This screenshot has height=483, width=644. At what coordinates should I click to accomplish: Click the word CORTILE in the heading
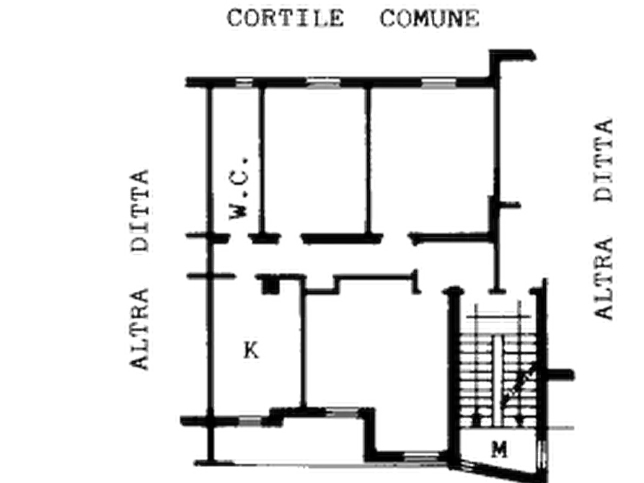coord(286,19)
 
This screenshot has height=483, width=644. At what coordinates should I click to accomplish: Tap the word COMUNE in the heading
coord(430,19)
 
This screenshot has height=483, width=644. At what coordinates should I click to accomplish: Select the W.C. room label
coord(239,187)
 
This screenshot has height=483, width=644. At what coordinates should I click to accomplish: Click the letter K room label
coord(251,350)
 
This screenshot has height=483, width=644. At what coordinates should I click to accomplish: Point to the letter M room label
coord(500,449)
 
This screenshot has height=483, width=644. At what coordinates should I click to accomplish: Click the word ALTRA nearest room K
coord(139,329)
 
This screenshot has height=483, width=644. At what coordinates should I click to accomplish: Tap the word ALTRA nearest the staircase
coord(604,278)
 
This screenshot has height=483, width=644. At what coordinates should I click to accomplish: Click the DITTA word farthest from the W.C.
coord(604,160)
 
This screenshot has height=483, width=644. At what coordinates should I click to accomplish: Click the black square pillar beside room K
coord(270,286)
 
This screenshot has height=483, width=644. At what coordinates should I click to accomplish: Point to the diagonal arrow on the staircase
coord(519,385)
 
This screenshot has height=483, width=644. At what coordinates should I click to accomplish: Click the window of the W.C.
coord(244,83)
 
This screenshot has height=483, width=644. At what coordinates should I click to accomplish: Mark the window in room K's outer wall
coord(250,421)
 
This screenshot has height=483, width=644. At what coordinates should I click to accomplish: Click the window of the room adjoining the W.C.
coord(324,83)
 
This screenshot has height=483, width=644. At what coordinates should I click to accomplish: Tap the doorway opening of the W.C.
coord(239,238)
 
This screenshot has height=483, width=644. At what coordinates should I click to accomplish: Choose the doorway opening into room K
coord(246,277)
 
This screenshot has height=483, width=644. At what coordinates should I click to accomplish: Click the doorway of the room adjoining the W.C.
coord(291,238)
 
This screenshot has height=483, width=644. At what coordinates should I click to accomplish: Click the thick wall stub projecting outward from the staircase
coord(560,375)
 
